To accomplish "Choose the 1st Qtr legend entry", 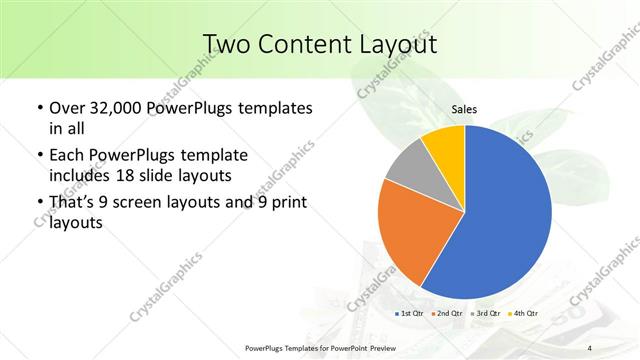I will tap(410, 314).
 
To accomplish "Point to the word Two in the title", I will tap(228, 44).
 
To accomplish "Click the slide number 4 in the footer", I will tap(590, 348).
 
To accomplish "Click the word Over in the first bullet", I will tap(66, 107).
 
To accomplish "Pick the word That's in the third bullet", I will tap(74, 204).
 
